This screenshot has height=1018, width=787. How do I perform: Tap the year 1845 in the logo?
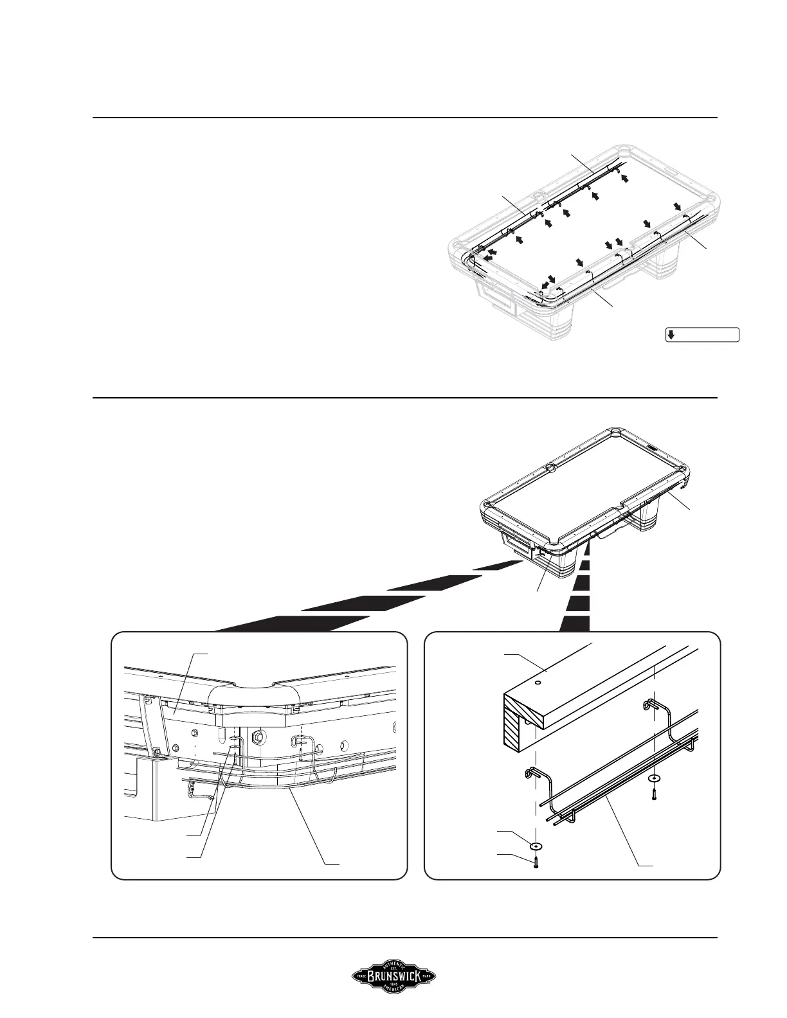pyautogui.click(x=394, y=988)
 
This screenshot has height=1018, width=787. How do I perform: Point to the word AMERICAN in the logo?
pyautogui.click(x=394, y=994)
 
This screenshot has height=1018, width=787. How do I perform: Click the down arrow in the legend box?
pyautogui.click(x=670, y=334)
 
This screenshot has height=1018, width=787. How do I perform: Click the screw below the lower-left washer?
pyautogui.click(x=536, y=862)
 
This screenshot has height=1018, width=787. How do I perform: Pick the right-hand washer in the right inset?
pyautogui.click(x=654, y=778)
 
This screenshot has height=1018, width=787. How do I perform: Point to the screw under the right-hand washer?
pyautogui.click(x=654, y=794)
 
